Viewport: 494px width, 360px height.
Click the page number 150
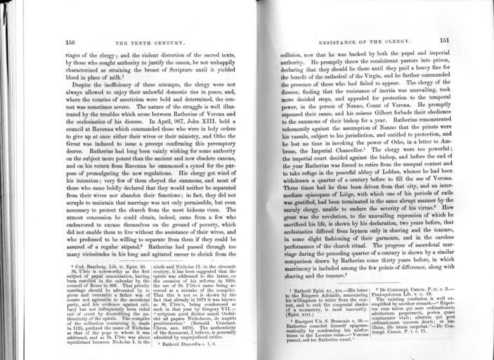[x=70, y=41]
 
